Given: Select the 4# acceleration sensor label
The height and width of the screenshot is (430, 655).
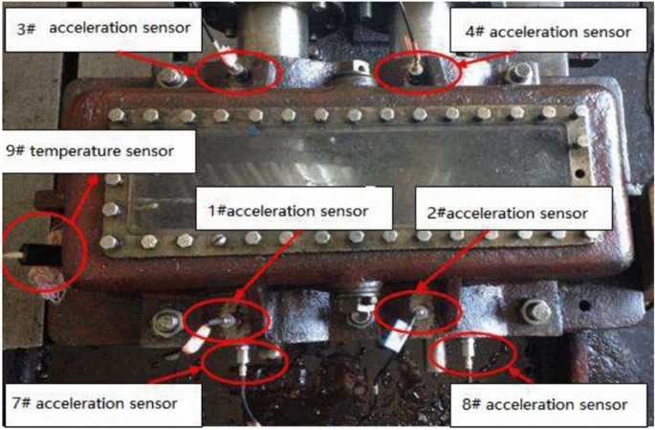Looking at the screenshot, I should point(547,33).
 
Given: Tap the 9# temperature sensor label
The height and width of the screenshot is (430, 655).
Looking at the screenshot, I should point(96,150).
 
